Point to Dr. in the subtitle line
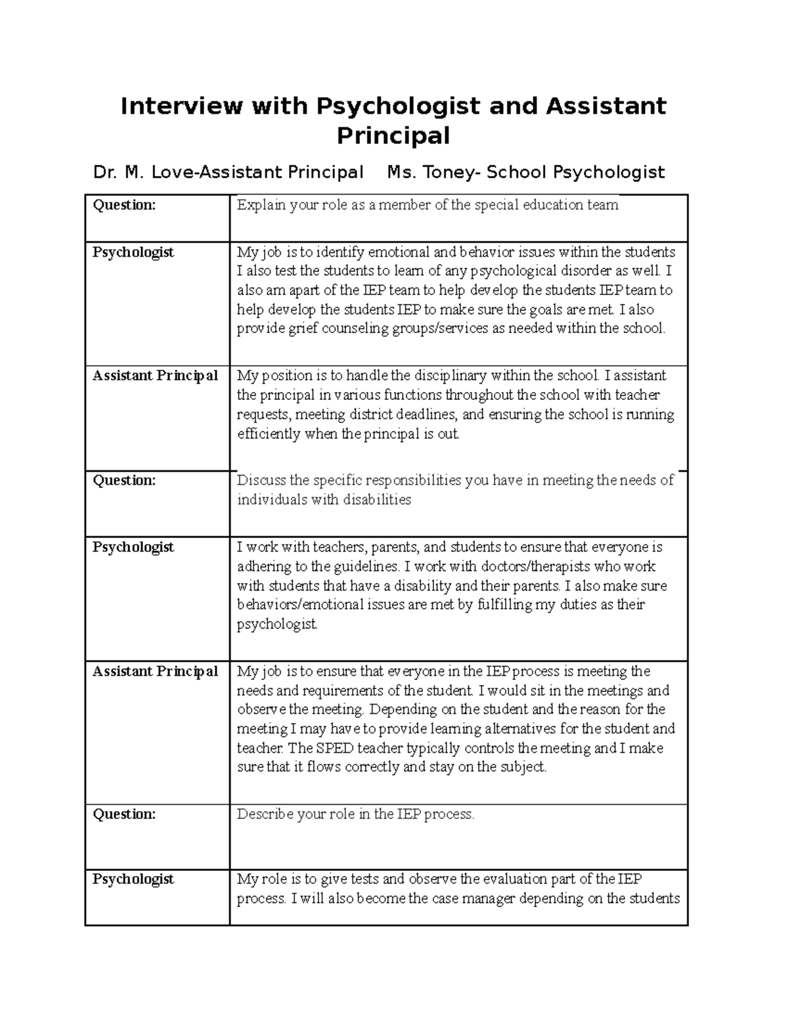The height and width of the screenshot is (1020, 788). point(104,173)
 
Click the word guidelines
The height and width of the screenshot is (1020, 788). point(368,566)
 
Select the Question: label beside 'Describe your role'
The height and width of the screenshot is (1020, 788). point(124,814)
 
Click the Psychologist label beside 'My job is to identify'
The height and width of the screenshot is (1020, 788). point(133,252)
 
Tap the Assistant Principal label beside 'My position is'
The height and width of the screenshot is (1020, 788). point(155,376)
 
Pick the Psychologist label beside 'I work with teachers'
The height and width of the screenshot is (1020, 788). point(133,547)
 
